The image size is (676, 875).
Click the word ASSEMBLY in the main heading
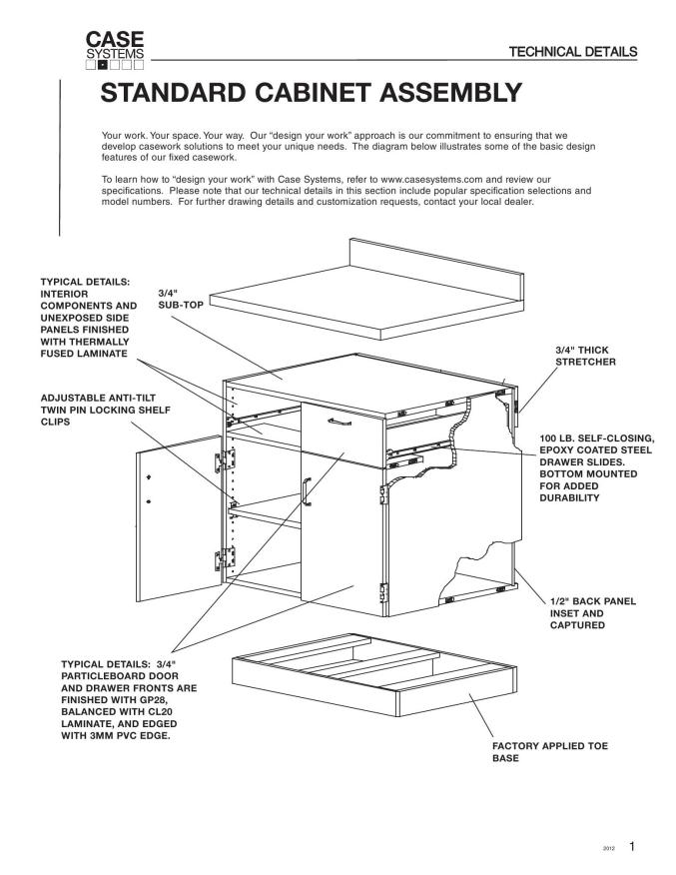450,93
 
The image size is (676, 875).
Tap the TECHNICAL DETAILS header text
573,52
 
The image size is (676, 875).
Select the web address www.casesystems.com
431,180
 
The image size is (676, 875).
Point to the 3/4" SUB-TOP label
181,299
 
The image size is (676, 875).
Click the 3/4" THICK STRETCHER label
586,356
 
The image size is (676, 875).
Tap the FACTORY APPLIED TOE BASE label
550,752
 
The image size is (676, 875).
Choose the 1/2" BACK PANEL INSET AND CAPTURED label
593,613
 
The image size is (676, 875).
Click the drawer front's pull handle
339,422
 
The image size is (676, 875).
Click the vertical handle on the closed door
306,491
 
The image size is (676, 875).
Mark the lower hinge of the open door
225,558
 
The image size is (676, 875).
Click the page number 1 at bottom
632,847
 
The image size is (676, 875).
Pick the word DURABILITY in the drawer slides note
569,497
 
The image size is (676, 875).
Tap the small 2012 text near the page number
608,849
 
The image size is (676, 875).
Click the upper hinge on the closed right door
383,494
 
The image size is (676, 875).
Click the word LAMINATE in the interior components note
101,354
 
